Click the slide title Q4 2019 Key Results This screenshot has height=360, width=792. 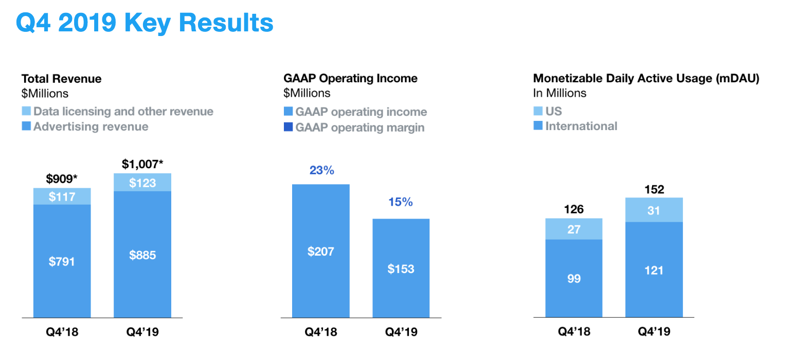point(145,23)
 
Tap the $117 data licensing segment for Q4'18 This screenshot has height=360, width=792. point(62,196)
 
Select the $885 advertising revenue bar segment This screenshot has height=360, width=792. point(142,255)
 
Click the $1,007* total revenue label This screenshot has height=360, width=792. point(142,165)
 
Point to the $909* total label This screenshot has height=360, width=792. point(62,179)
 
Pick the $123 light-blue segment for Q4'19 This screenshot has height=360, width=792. point(142,183)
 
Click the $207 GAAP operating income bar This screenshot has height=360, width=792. point(321,251)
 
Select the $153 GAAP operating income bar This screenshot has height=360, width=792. point(401,268)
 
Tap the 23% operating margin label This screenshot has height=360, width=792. point(321,170)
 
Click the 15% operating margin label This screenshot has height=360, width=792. point(401,202)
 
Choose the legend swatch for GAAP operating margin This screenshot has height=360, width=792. point(288,128)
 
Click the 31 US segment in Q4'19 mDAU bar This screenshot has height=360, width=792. point(654,210)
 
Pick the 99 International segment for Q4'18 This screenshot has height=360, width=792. point(574,278)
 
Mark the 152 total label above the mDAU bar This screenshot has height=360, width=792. point(654,190)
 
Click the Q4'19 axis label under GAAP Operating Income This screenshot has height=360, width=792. point(401,332)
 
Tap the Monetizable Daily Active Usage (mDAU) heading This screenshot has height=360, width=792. point(646,79)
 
